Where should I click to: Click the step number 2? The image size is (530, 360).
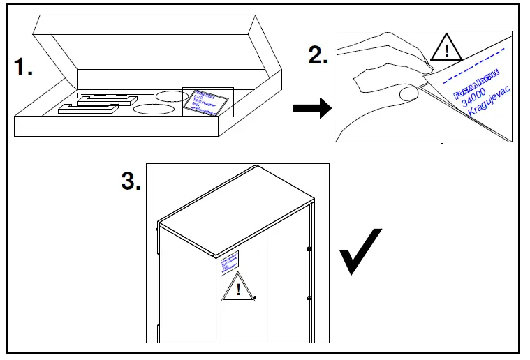(x=318, y=55)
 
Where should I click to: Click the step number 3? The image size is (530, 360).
(x=131, y=181)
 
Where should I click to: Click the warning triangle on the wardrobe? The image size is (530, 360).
(x=237, y=290)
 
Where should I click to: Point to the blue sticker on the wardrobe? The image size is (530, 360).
(x=230, y=261)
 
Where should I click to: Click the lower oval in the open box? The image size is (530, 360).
(x=153, y=109)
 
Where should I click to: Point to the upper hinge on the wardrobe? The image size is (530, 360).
(x=309, y=248)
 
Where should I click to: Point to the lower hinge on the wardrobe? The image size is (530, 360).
(x=309, y=299)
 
